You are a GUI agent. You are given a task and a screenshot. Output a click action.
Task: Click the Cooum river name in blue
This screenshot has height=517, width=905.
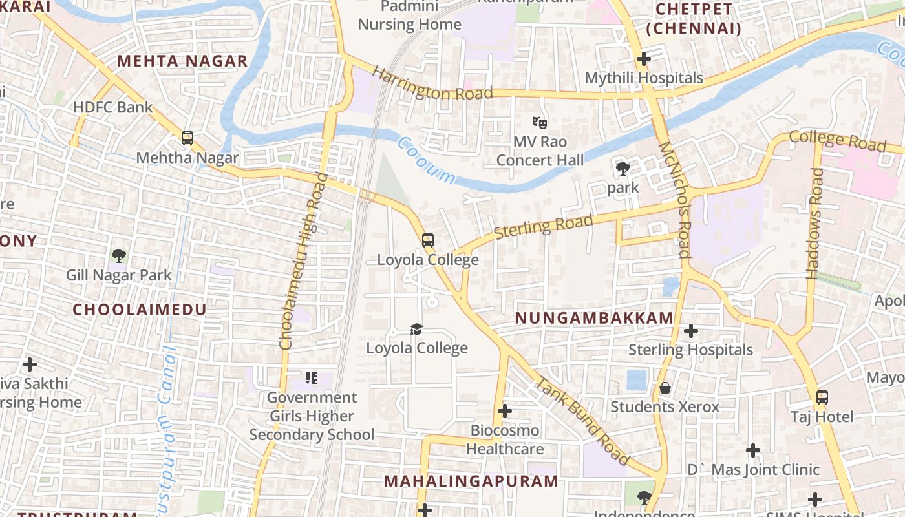click(x=426, y=160)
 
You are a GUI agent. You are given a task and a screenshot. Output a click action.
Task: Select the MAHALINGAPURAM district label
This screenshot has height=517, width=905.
click(x=471, y=481)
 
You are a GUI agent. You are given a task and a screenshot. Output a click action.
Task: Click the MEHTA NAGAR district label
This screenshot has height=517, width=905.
click(x=182, y=61)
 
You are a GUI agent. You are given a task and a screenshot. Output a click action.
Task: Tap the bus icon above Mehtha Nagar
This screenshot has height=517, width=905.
click(x=187, y=138)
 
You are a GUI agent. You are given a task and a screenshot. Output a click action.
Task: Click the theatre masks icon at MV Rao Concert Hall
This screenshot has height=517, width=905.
click(x=540, y=121)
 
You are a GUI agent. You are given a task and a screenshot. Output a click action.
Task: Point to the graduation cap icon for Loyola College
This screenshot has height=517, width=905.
click(x=416, y=329)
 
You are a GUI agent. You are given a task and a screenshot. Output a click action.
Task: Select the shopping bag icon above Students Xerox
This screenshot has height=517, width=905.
click(x=665, y=388)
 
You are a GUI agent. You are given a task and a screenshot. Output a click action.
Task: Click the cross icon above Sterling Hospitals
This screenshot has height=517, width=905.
click(x=691, y=331)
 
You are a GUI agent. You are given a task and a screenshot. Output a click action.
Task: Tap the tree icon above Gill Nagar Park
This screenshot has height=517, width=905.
click(x=118, y=255)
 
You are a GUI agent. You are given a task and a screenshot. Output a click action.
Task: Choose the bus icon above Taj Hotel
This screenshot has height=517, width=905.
click(x=822, y=397)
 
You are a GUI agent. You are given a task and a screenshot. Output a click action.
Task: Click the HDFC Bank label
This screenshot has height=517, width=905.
click(x=113, y=107)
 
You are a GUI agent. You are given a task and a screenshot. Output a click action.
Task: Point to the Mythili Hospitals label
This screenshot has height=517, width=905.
click(x=644, y=78)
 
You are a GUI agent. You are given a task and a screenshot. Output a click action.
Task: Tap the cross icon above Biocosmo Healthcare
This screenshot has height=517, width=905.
click(x=505, y=411)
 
